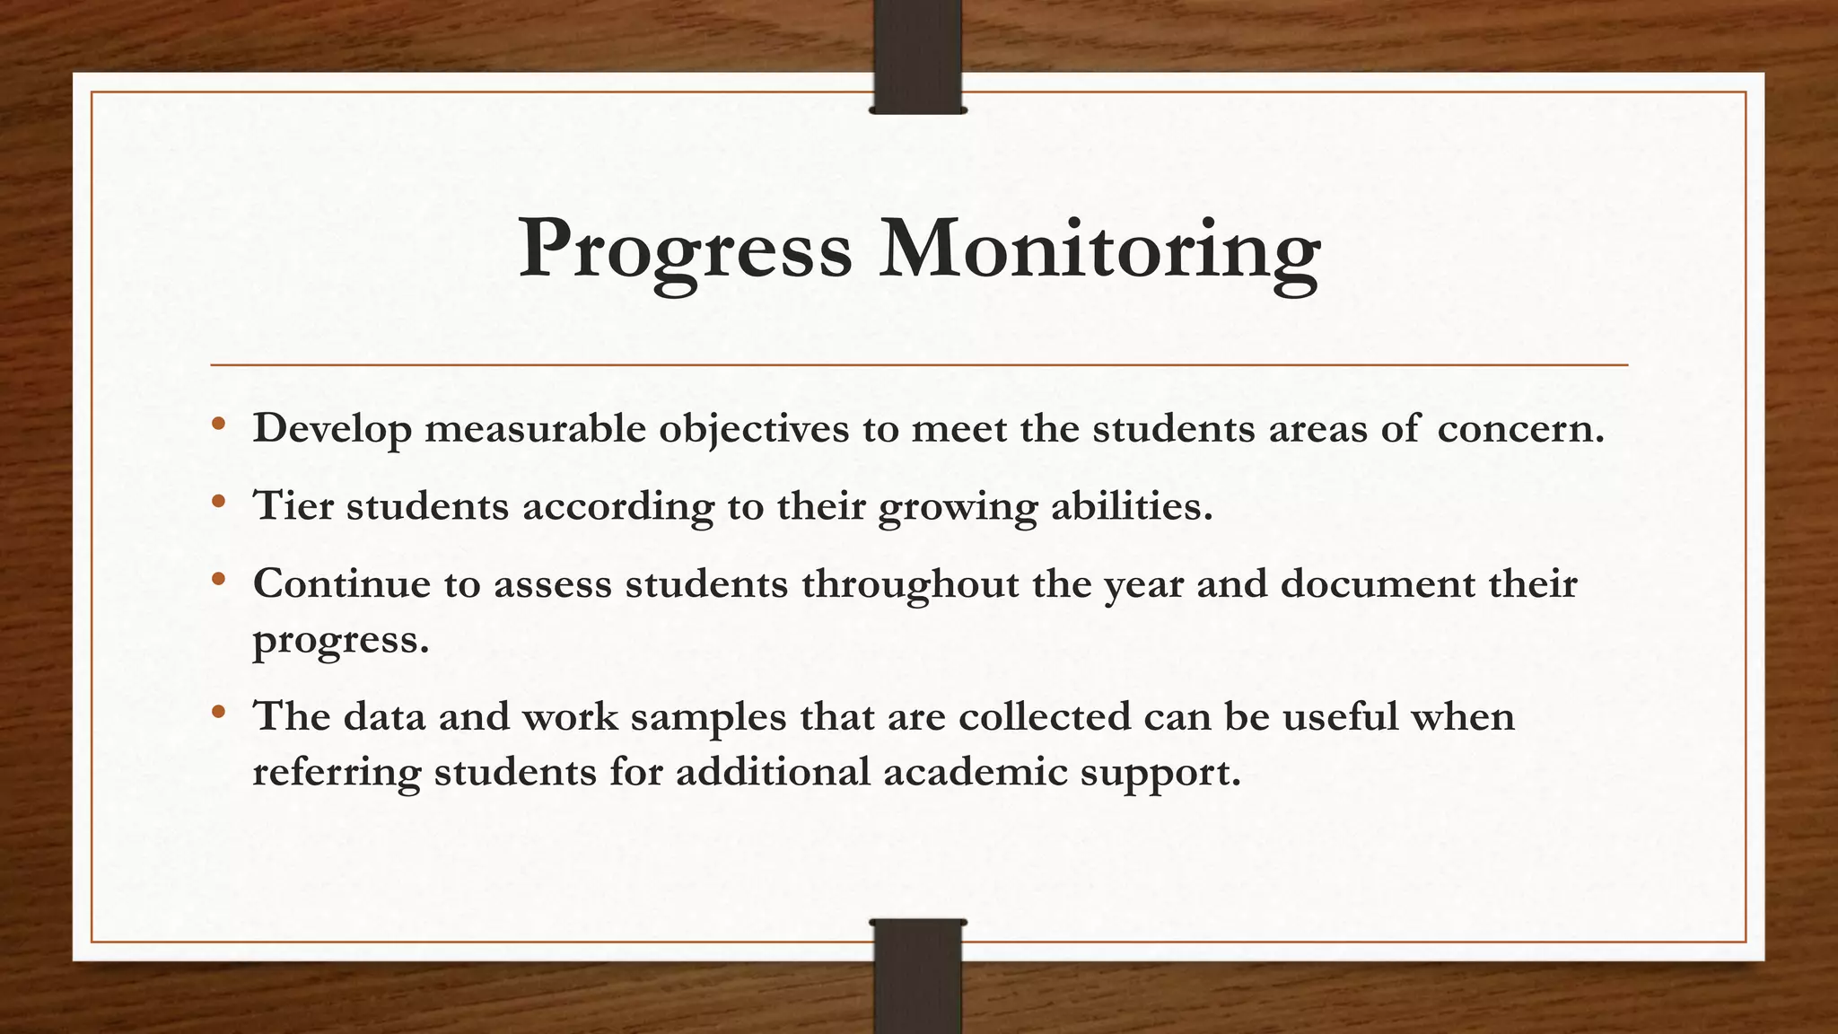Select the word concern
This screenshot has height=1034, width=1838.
pos(1519,429)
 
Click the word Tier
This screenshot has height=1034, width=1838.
pos(293,506)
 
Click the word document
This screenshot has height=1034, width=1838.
pos(1377,585)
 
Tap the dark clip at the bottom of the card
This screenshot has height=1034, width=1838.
pos(917,976)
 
